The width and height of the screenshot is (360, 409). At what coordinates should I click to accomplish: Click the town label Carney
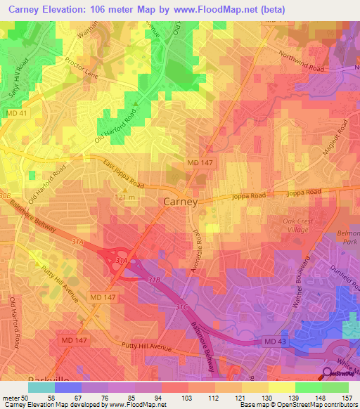tap(180, 201)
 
